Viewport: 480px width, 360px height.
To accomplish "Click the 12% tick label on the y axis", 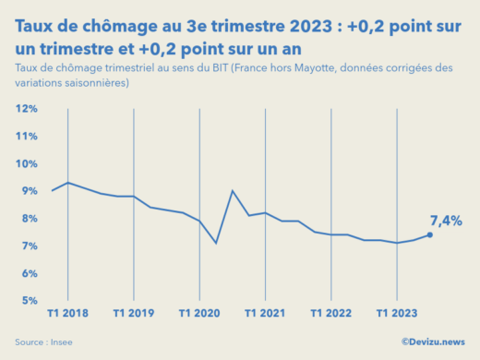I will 25,109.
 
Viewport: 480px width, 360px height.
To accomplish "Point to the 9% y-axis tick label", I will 28,191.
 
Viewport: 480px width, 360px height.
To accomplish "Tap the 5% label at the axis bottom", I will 28,301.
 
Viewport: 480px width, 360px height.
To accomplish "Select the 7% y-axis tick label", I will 28,246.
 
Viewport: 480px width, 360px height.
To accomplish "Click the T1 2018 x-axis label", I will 69,314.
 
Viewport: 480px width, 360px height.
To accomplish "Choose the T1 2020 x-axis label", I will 200,314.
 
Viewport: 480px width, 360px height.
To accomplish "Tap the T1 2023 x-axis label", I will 397,314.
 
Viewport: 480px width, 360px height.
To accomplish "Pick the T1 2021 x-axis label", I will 266,314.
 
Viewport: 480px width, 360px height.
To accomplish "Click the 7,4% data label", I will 446,221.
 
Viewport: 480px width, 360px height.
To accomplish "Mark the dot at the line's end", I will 429,234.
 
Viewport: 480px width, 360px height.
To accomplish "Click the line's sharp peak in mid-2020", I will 233,191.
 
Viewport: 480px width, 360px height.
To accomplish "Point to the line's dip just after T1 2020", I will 216,243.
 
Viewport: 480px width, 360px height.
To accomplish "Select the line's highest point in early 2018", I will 68,183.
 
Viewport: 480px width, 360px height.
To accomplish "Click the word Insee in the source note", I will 61,342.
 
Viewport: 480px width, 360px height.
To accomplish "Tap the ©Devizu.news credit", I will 432,342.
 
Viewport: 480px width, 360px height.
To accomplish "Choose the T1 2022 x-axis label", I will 331,314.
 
